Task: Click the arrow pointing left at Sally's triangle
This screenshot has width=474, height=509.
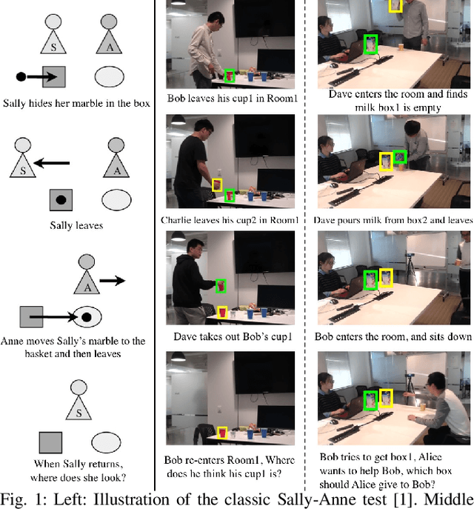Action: click(55, 160)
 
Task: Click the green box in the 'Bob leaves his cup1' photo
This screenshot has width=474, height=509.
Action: click(230, 76)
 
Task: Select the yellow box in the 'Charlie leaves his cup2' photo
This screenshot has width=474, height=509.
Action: click(217, 185)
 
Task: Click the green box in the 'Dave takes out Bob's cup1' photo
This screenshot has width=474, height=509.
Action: click(220, 285)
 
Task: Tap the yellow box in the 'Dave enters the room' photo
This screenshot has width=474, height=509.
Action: click(395, 5)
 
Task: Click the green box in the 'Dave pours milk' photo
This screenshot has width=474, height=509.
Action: click(400, 156)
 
